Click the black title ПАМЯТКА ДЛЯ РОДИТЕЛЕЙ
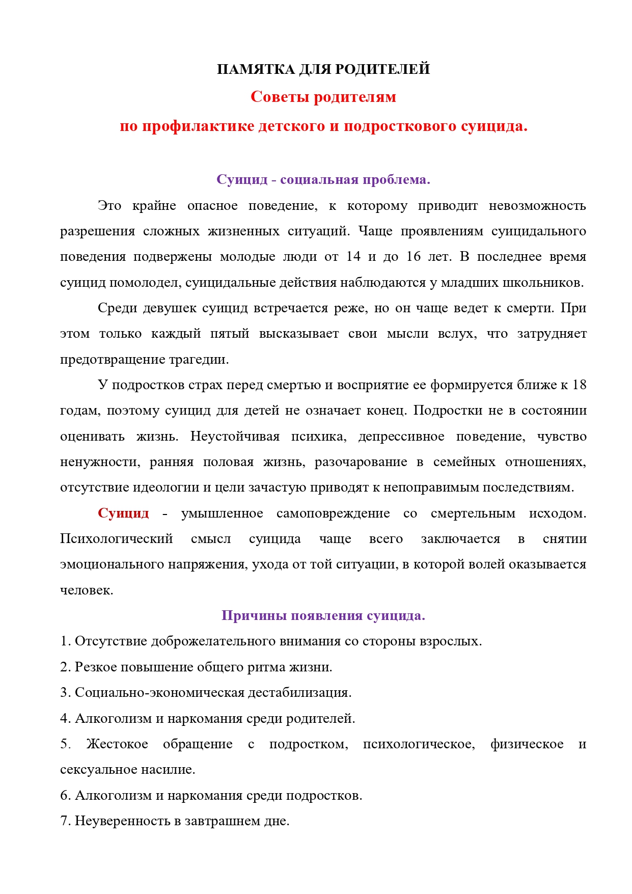[323, 69]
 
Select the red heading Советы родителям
[323, 97]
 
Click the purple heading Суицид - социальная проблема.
[323, 179]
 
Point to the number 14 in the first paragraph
[353, 257]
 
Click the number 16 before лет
[414, 257]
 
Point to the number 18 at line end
[579, 385]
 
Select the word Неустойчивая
[235, 437]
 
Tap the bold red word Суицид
[123, 513]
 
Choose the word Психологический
[117, 539]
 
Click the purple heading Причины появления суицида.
[323, 615]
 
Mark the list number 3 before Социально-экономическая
[64, 693]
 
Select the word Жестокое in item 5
[117, 744]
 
